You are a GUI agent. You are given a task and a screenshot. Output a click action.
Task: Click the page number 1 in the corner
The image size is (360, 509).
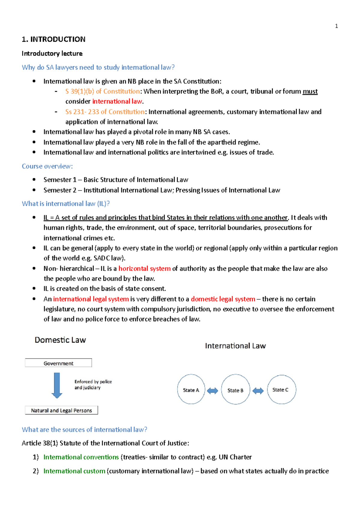pyautogui.click(x=336, y=26)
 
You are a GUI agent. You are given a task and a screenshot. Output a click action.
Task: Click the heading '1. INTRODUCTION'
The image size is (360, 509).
pyautogui.click(x=53, y=39)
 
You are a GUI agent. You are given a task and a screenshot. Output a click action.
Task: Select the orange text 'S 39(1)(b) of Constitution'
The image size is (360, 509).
pyautogui.click(x=102, y=91)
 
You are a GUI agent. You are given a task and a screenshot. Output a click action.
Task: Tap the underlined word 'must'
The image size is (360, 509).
pyautogui.click(x=310, y=91)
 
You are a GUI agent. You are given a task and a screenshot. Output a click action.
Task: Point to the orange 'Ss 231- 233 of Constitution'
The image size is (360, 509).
pyautogui.click(x=105, y=112)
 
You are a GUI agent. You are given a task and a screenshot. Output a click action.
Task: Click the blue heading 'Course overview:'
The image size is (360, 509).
pyautogui.click(x=47, y=166)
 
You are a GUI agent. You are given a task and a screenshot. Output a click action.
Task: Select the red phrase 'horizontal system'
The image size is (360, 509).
pyautogui.click(x=144, y=268)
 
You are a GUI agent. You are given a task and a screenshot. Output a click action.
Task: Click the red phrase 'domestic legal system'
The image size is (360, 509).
pyautogui.click(x=223, y=299)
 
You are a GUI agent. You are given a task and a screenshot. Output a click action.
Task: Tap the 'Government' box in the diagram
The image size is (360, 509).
pyautogui.click(x=58, y=363)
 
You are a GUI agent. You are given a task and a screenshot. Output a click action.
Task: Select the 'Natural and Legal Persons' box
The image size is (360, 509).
pyautogui.click(x=61, y=410)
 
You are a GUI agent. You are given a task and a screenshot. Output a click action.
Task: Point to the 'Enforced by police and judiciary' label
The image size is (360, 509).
pyautogui.click(x=93, y=385)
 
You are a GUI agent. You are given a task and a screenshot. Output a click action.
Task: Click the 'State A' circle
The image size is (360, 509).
pyautogui.click(x=191, y=390)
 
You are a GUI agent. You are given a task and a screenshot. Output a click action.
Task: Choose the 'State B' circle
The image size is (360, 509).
pyautogui.click(x=235, y=390)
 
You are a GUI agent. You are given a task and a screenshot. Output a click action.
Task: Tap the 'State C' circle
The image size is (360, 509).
pyautogui.click(x=281, y=389)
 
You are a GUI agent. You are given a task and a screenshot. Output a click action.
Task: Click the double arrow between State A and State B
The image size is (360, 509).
pyautogui.click(x=213, y=391)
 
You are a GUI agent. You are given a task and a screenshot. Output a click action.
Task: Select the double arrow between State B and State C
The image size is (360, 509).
pyautogui.click(x=258, y=391)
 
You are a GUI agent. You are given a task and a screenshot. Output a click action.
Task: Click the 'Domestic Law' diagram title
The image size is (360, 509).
pyautogui.click(x=60, y=340)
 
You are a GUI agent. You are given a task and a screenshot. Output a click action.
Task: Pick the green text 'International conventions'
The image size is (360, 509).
pyautogui.click(x=81, y=457)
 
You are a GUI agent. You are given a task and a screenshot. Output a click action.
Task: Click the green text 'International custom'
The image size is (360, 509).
pyautogui.click(x=74, y=471)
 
